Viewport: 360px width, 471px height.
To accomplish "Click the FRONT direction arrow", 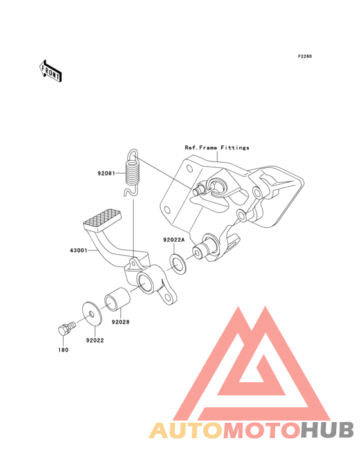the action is point(50,71).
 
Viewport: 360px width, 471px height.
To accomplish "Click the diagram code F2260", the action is point(305,56).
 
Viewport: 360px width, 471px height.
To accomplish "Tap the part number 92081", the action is point(106,173).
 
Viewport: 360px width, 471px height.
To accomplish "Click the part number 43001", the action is point(78,250).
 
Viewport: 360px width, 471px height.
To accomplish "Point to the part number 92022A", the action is point(174,240).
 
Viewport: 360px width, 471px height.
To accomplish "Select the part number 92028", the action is point(121,322).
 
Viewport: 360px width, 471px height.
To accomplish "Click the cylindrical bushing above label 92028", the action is point(117,299).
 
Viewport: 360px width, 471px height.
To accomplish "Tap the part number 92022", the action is point(94,340).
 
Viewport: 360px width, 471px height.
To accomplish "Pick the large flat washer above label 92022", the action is point(92,313).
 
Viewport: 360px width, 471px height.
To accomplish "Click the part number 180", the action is point(63,350).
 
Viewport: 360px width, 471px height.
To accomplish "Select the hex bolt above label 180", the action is point(67,328).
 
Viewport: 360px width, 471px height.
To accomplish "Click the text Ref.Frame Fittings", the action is point(217,147).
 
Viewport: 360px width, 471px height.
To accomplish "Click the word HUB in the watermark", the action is point(328,430).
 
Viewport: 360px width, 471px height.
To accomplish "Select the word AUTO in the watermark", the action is point(186,430).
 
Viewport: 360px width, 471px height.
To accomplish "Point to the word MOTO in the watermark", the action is point(262,430).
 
